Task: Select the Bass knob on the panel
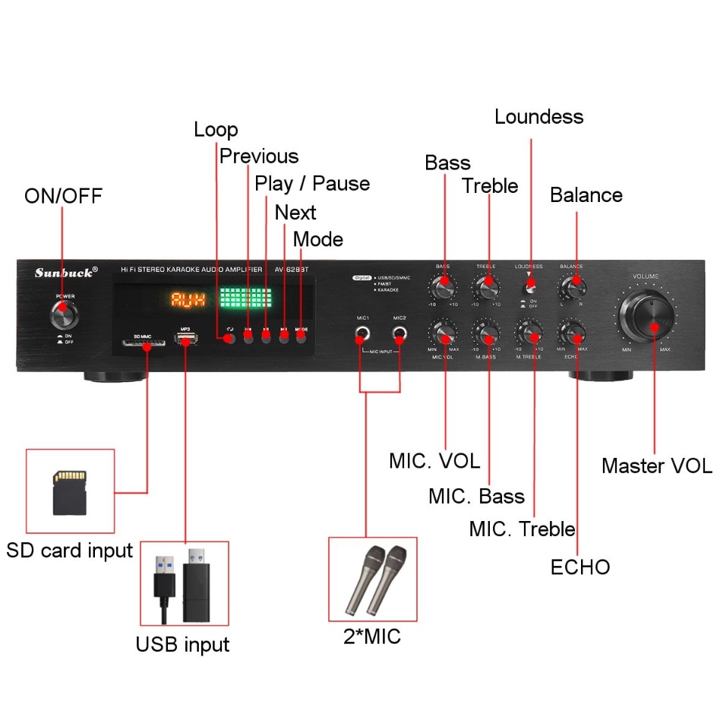click(443, 289)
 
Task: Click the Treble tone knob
click(486, 289)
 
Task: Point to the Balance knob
click(572, 287)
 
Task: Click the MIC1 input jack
click(362, 333)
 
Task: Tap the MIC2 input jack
click(399, 333)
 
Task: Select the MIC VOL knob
click(443, 333)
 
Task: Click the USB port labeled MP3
click(185, 339)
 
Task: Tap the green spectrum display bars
click(245, 298)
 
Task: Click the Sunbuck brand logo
click(65, 272)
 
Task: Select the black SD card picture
click(70, 491)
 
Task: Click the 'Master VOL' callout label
click(657, 466)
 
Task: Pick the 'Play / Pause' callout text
click(312, 184)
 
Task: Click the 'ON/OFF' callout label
click(63, 196)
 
